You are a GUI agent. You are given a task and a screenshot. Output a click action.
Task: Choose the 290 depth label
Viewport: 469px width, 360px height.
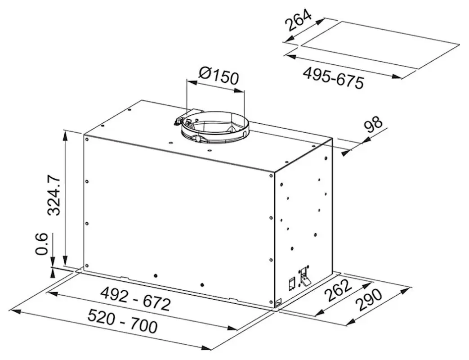pos(369,301)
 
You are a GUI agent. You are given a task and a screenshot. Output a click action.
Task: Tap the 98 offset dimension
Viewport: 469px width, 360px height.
pos(373,126)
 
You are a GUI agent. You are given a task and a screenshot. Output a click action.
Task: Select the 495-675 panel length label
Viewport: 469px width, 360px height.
pos(332,77)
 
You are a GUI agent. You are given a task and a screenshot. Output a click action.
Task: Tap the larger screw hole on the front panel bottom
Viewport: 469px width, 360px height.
pos(155,275)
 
